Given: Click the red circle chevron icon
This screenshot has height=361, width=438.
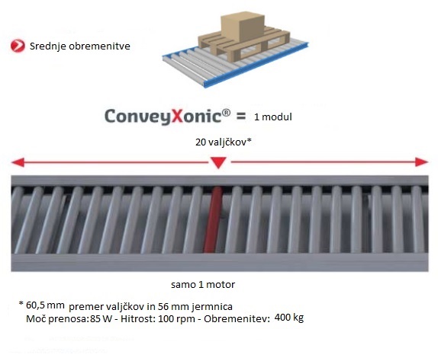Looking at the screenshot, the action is click(18, 46).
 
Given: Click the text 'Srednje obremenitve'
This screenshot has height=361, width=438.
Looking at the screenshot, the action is click(80, 46).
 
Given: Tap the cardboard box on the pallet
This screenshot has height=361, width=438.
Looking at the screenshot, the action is click(243, 27).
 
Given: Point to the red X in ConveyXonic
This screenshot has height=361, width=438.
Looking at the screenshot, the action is click(176, 116).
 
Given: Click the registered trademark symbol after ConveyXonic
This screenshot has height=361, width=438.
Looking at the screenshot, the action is click(227, 113).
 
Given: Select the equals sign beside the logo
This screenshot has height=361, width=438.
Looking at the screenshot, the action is click(241, 117).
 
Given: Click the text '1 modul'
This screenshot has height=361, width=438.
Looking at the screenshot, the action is click(273, 117).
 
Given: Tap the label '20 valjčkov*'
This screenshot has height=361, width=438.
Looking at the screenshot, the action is click(224, 142).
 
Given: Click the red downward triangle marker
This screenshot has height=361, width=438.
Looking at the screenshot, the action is click(218, 162).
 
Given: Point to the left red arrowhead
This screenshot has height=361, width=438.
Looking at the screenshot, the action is click(18, 162).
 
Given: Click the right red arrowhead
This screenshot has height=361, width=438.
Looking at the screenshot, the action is click(421, 162).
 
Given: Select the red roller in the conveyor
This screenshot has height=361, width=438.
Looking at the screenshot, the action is click(213, 220).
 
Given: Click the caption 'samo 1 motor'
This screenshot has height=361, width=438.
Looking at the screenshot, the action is click(203, 285).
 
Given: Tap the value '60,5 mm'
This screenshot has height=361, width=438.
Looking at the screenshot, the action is click(45, 305).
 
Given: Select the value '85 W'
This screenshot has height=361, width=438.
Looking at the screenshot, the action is click(101, 318).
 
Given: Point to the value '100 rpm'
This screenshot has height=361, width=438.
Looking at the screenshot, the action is click(176, 319).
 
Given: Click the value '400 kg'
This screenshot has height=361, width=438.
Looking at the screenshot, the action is click(289, 318).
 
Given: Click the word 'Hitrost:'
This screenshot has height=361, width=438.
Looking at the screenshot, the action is click(138, 318).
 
